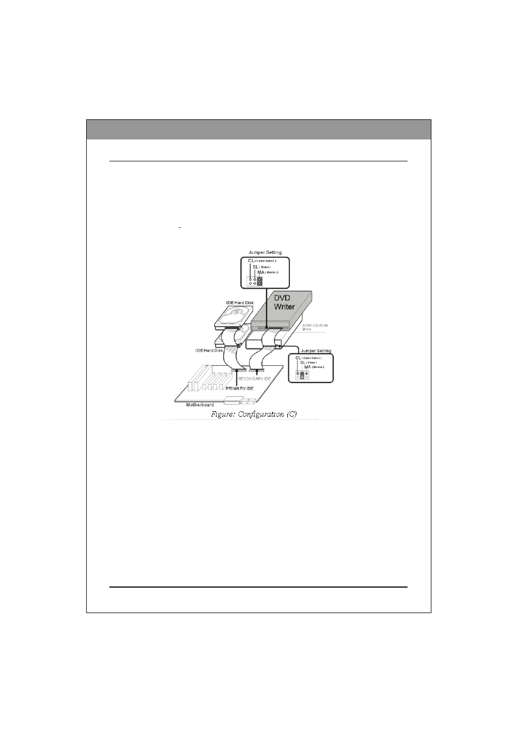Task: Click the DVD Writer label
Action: [x=285, y=303]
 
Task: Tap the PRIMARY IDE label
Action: [x=240, y=388]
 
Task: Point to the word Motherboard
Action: [x=200, y=405]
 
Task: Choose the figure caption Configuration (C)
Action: [x=254, y=415]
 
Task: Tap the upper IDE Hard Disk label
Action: [x=240, y=302]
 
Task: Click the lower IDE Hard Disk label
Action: [x=209, y=350]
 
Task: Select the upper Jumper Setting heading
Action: [x=264, y=252]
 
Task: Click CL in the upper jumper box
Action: [x=251, y=261]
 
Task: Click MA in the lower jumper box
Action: [x=307, y=367]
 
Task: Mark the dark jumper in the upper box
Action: [x=260, y=281]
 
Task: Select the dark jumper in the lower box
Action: [x=302, y=375]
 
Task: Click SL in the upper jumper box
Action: [x=256, y=266]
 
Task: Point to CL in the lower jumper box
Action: [x=298, y=358]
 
